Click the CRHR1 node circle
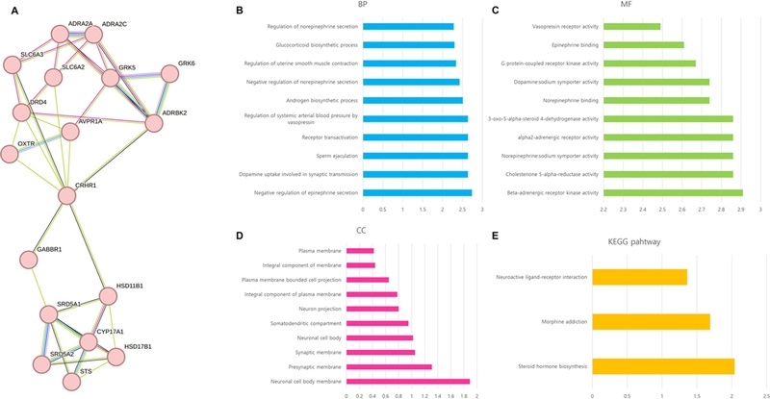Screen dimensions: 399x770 tap(66, 196)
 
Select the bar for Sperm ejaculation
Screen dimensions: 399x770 tap(415, 155)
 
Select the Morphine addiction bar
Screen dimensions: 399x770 tap(651, 321)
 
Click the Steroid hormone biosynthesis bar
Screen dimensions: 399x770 tap(663, 365)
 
